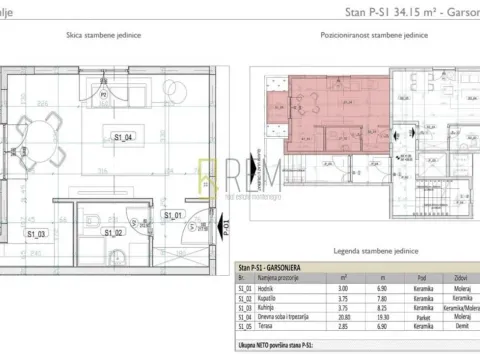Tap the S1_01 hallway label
[x=172, y=214]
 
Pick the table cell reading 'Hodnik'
[x=265, y=287]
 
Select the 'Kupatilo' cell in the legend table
[x=267, y=297]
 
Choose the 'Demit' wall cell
[x=461, y=326]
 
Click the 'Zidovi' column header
[x=461, y=277]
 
